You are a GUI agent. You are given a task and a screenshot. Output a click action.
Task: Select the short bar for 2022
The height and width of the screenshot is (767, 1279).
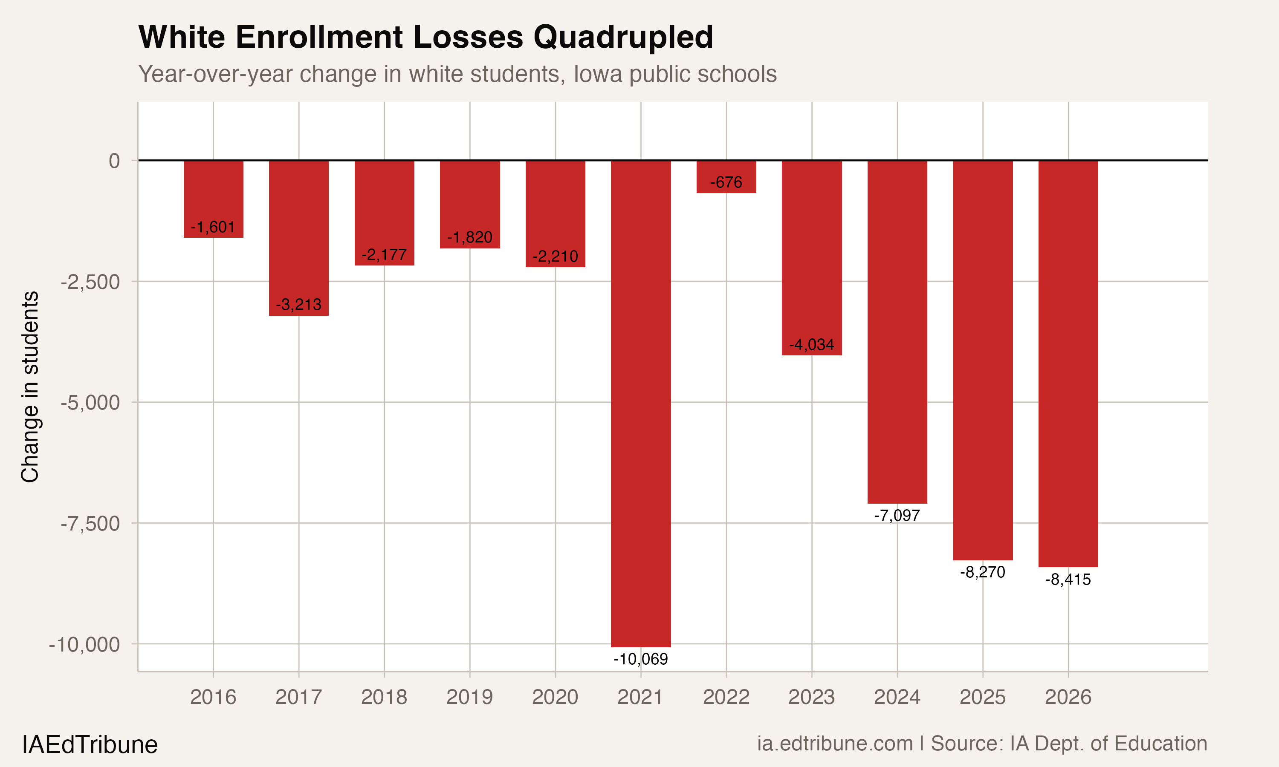tap(726, 170)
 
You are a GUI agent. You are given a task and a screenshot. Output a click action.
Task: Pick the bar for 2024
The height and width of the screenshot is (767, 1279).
tap(897, 331)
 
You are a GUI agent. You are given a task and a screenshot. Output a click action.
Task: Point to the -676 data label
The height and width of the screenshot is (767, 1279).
tap(726, 182)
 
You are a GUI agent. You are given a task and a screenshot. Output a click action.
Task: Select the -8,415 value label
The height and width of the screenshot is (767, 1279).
tap(1068, 580)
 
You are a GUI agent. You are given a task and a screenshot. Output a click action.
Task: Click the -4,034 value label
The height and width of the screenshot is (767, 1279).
tap(811, 345)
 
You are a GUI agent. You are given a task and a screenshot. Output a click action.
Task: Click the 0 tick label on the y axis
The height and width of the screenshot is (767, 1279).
tap(114, 161)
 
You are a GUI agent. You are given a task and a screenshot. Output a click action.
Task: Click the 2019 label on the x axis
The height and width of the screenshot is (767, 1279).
tap(469, 697)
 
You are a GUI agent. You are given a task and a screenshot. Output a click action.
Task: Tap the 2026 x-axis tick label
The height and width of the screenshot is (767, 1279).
tap(1068, 697)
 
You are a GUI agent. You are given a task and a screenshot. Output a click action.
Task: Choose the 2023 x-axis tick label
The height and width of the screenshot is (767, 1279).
tap(811, 697)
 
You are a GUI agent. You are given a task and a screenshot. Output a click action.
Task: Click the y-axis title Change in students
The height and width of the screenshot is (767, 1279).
tap(30, 386)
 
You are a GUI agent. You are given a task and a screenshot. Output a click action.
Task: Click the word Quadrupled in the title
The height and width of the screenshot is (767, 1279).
tap(623, 37)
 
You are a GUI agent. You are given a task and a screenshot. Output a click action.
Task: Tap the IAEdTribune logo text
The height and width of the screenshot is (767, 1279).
tap(90, 745)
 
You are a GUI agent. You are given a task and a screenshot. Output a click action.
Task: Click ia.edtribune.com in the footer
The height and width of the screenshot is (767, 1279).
tap(834, 743)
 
